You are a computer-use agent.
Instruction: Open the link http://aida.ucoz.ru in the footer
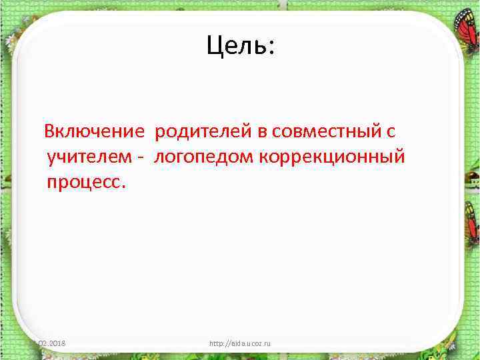240,343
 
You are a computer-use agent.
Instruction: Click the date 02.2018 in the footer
56,343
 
